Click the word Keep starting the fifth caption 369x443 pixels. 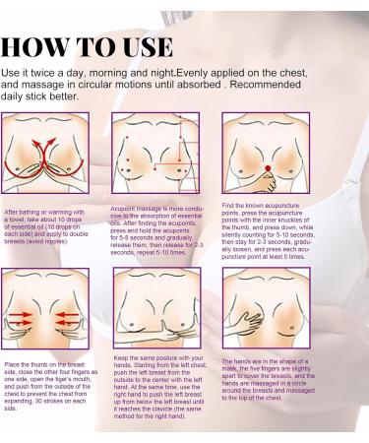[123, 357]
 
